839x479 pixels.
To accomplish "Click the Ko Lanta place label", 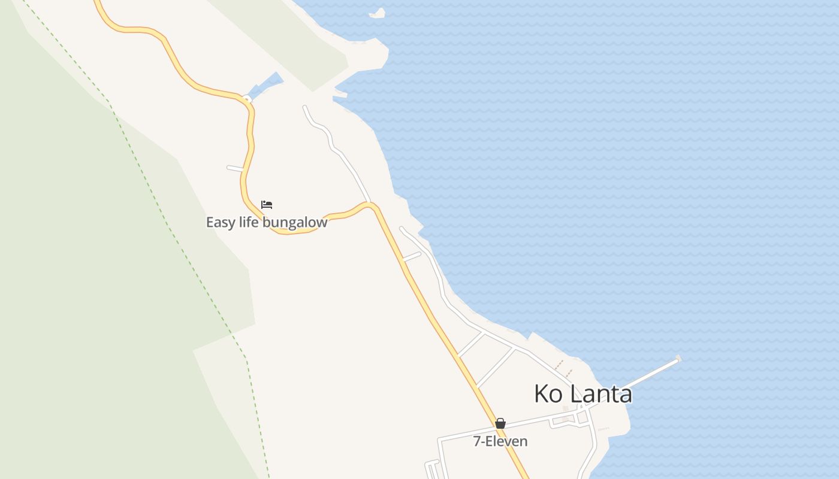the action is [583, 394].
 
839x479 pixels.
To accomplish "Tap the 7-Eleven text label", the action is [500, 442].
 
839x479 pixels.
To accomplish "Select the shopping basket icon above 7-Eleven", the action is [500, 423].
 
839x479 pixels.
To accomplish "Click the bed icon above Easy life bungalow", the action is [267, 205].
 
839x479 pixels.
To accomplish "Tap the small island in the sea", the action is [377, 13].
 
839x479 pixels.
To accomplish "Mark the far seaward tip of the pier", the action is [678, 359].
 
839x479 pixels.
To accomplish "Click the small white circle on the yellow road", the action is [246, 99].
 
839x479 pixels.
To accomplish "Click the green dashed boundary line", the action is [180, 239].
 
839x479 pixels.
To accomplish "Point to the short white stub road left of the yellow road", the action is [235, 168].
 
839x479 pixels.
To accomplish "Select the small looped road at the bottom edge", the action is [432, 469].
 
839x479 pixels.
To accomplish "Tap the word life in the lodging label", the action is [248, 223].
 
